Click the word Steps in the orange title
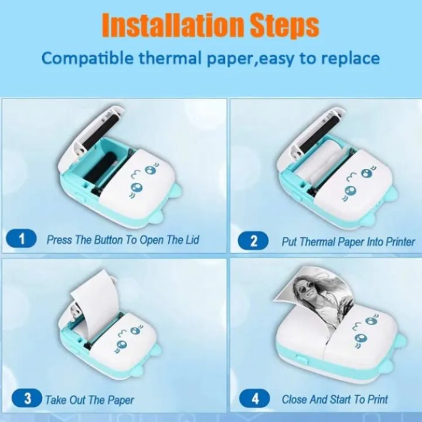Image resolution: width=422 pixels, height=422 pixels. (x=285, y=26)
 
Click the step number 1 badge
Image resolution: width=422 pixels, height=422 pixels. (x=21, y=239)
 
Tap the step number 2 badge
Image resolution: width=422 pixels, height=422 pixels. (x=253, y=240)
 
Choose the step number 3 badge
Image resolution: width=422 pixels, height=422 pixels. (x=27, y=399)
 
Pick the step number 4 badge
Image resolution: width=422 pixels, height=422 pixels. (x=254, y=399)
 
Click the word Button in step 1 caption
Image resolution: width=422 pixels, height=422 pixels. (x=108, y=239)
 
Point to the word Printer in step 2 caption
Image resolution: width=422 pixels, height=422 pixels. (x=400, y=241)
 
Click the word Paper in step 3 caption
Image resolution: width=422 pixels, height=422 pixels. (x=121, y=400)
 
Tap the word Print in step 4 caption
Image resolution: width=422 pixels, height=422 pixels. (x=377, y=399)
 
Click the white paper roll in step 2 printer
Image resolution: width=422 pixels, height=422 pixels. (x=317, y=162)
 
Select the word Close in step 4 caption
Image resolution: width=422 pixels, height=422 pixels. (x=294, y=399)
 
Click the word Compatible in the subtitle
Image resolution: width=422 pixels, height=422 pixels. (x=87, y=59)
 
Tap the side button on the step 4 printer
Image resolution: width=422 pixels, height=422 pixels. (x=302, y=359)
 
